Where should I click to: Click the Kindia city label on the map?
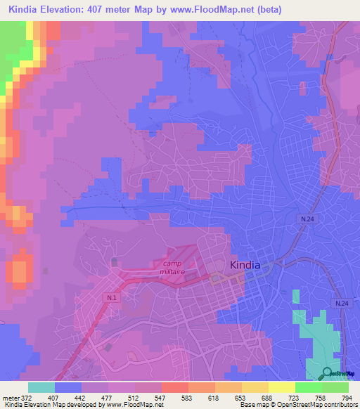click(x=245, y=265)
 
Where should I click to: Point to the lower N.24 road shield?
click(x=341, y=303)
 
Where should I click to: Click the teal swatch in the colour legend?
click(x=41, y=387)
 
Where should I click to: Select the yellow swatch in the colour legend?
click(x=281, y=387)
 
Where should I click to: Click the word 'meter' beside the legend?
click(x=11, y=397)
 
